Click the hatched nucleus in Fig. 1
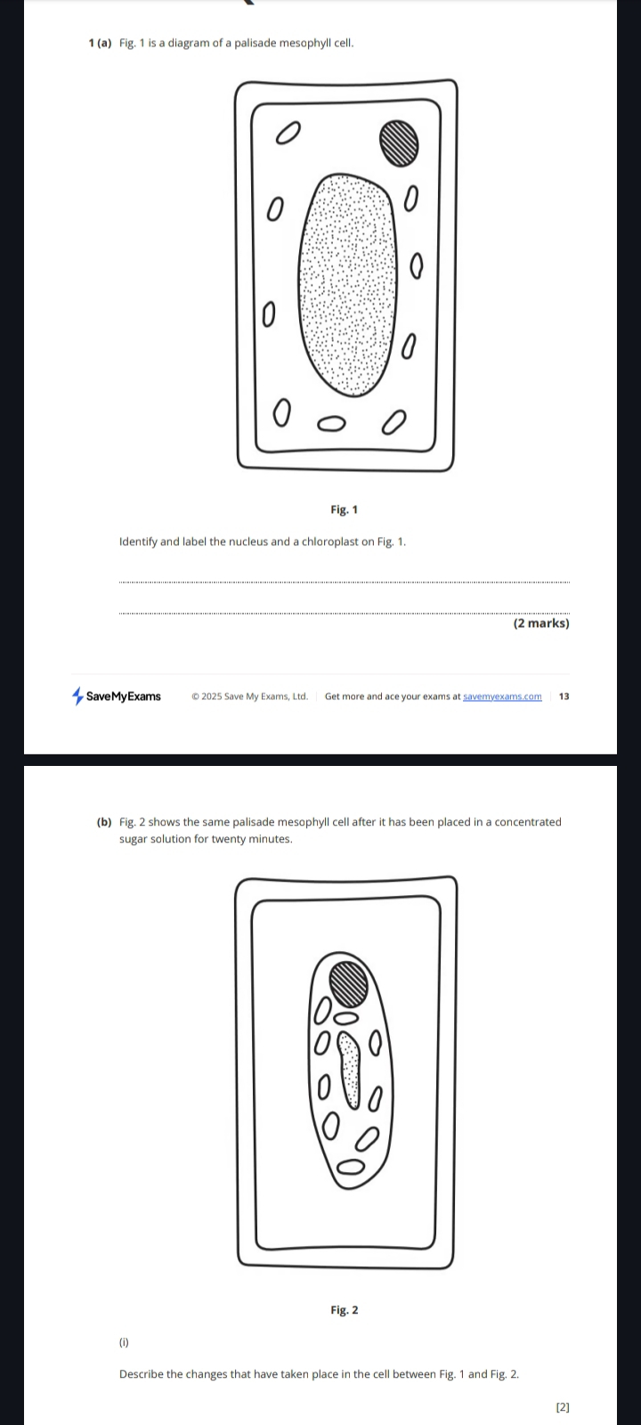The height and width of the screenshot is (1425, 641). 400,143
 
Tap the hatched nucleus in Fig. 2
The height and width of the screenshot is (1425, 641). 348,983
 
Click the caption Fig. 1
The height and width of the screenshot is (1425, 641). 344,509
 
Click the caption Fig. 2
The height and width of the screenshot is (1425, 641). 344,1310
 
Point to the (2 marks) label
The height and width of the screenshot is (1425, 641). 541,623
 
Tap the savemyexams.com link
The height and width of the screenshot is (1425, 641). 502,696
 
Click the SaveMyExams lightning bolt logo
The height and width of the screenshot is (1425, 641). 77,696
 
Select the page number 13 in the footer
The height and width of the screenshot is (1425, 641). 564,696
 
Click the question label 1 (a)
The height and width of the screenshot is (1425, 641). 101,44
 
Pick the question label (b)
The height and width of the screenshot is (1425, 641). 104,822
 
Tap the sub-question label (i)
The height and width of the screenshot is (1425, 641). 124,1342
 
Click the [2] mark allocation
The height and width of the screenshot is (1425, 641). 563,1407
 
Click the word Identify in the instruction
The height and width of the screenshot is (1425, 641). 138,542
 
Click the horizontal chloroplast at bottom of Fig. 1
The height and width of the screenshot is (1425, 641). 331,424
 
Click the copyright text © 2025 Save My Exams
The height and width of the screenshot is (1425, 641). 249,696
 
